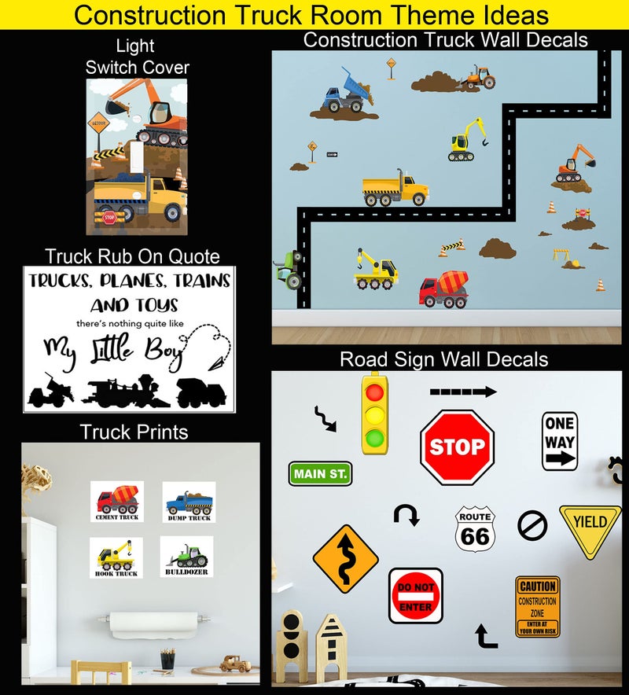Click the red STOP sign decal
click(x=457, y=447)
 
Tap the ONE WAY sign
click(x=559, y=441)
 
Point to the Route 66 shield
click(x=474, y=529)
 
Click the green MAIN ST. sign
click(x=320, y=473)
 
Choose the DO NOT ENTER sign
click(x=415, y=596)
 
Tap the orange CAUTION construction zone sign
click(x=537, y=606)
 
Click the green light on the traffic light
click(x=377, y=436)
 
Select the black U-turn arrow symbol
click(x=406, y=515)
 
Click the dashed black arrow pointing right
click(x=462, y=391)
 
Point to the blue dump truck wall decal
click(x=345, y=94)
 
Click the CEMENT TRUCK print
click(x=117, y=502)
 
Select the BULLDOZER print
click(x=188, y=557)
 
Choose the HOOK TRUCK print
click(x=116, y=557)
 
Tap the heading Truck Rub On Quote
click(x=132, y=256)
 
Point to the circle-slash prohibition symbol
click(x=532, y=524)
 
